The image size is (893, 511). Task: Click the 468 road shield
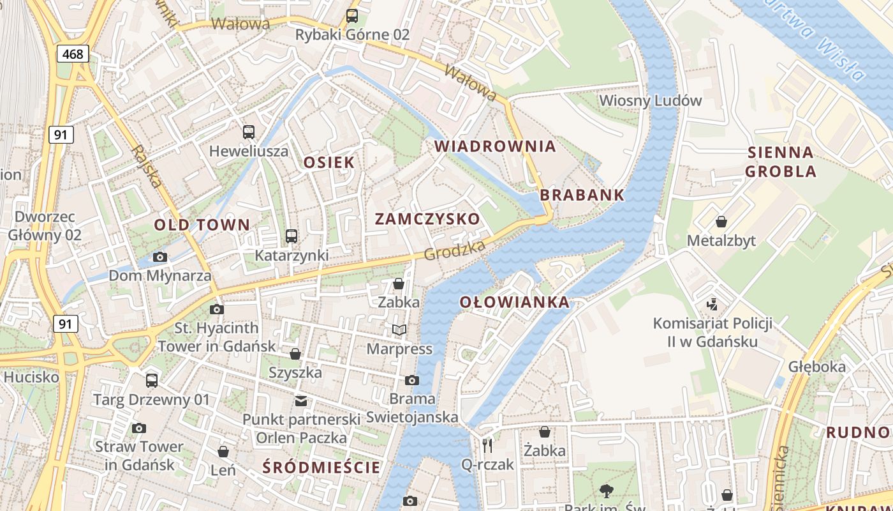[x=73, y=54]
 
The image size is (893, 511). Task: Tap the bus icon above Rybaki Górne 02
[x=352, y=16]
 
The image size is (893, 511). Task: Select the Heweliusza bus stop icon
[x=249, y=132]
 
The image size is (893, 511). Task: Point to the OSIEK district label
[x=328, y=162]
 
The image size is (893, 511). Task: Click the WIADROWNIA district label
[x=495, y=146]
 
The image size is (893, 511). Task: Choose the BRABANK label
[x=582, y=195]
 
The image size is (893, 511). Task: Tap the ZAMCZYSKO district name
[x=427, y=219]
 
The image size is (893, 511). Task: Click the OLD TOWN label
[x=202, y=225]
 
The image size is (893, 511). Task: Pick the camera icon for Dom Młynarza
[x=159, y=257]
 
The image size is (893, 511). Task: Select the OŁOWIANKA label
[x=514, y=302]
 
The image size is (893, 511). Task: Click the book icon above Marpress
[x=399, y=330]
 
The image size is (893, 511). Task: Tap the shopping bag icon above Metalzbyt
[x=721, y=222]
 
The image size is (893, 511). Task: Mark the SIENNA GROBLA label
[x=781, y=162]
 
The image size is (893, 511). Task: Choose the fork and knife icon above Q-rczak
[x=487, y=445]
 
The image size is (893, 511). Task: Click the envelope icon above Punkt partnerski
[x=300, y=401]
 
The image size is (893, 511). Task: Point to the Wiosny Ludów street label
[x=650, y=100]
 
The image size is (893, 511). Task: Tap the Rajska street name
[x=147, y=166]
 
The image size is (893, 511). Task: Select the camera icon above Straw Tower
[x=139, y=428]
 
